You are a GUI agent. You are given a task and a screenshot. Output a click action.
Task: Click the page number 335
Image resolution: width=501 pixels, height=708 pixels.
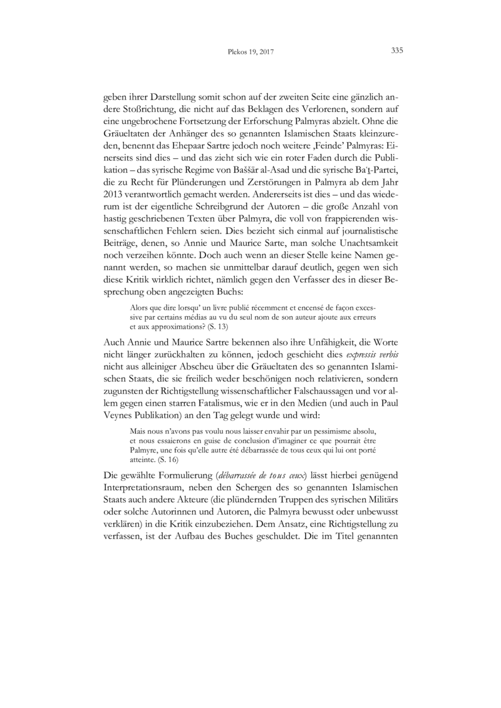click(396, 51)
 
